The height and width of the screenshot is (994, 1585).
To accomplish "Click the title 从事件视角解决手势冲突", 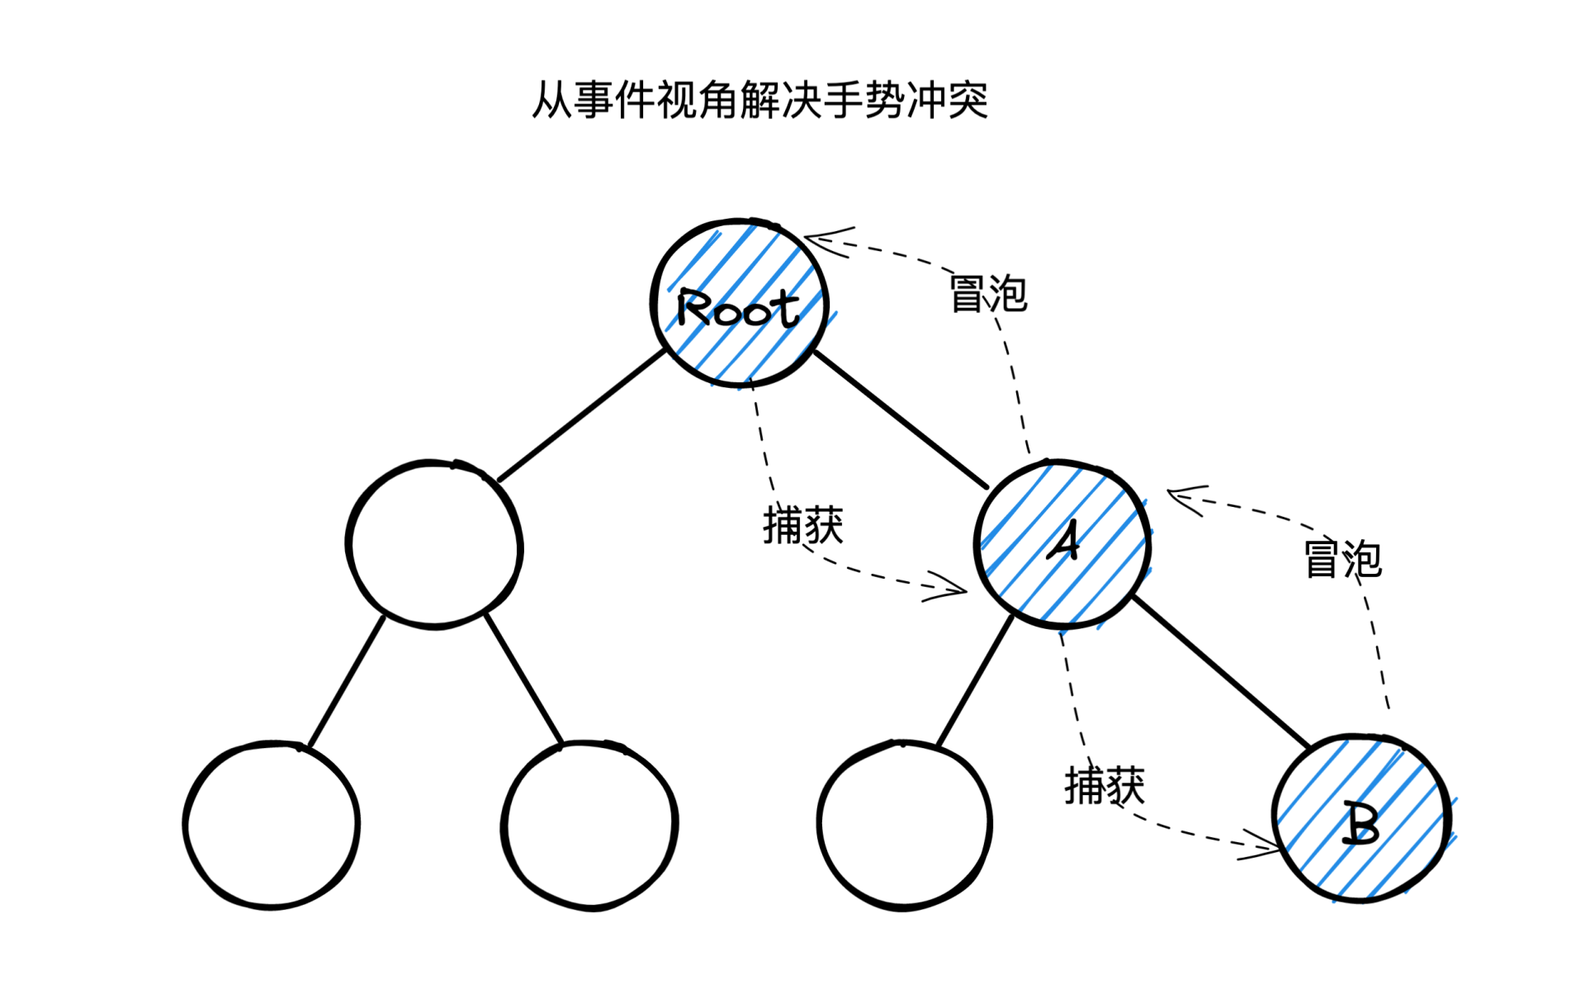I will coord(759,101).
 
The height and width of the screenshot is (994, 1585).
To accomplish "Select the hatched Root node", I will coord(739,304).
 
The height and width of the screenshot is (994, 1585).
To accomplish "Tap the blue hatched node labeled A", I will coord(1062,542).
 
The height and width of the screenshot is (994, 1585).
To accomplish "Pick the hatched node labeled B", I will coord(1361,818).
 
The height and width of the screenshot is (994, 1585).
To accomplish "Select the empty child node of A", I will coord(905,825).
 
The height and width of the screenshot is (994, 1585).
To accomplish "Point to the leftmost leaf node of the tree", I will coord(271,826).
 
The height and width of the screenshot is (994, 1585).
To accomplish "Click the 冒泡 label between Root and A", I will coord(988,293).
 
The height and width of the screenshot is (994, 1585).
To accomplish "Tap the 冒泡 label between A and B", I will coord(1342,559).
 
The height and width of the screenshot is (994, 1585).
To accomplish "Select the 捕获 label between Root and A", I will coord(803,525).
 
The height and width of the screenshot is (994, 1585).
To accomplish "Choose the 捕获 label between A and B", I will coord(1105,784).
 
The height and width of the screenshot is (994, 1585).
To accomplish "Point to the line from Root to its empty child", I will coord(582,415).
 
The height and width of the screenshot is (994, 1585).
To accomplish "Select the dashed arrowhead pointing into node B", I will coord(1267,845).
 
